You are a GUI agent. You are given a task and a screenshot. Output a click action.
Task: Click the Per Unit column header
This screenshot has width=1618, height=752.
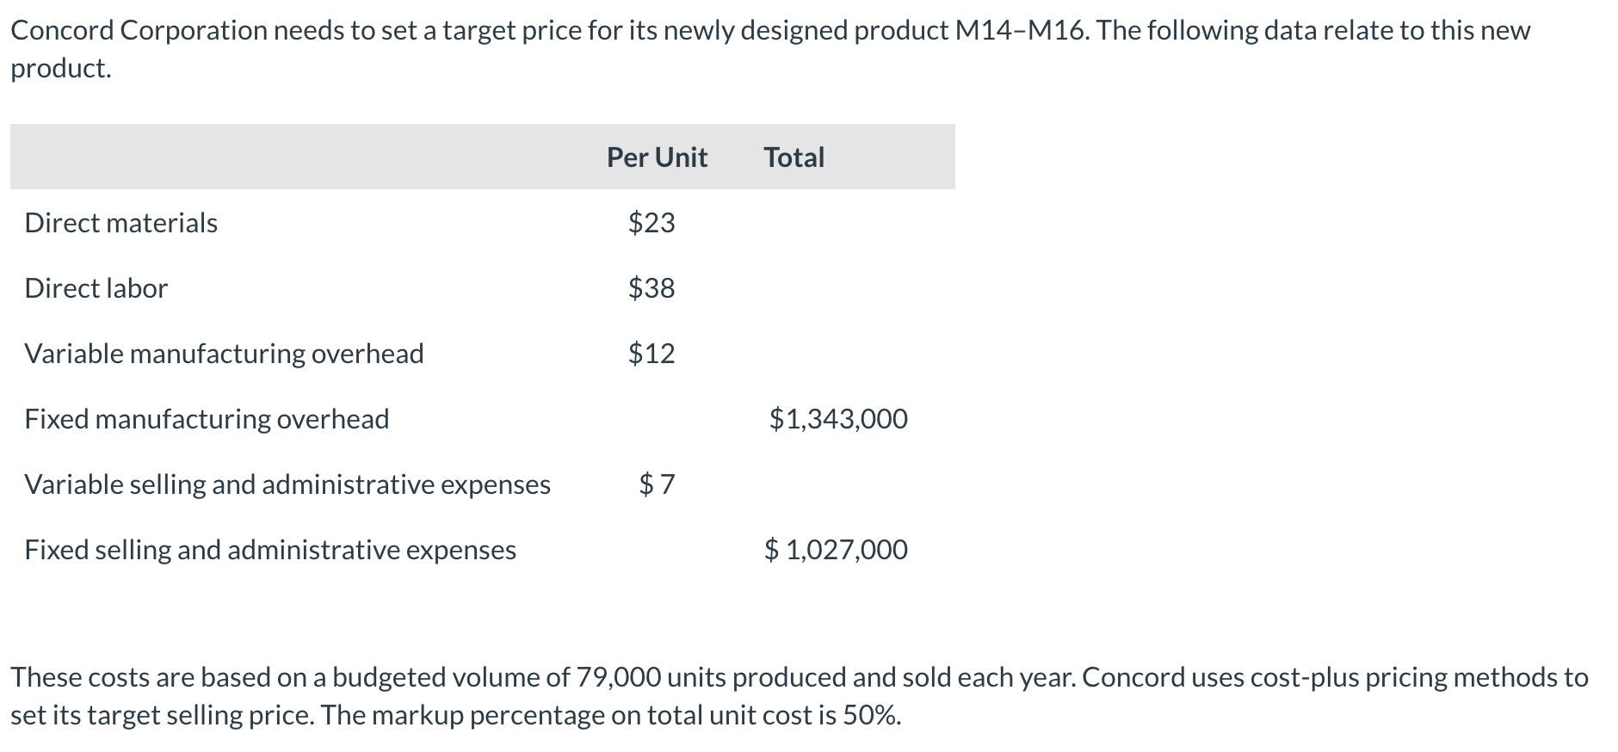(x=657, y=157)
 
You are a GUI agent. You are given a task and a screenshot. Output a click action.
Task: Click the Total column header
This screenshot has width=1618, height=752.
(x=794, y=157)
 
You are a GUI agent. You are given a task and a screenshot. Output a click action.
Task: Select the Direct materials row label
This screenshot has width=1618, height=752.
(x=120, y=223)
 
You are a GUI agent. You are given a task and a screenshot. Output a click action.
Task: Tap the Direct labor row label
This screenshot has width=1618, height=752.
(x=96, y=288)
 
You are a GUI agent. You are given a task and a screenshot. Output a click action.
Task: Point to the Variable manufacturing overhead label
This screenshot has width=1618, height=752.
(x=224, y=354)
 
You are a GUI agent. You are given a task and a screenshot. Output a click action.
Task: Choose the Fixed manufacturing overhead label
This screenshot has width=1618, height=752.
(x=207, y=419)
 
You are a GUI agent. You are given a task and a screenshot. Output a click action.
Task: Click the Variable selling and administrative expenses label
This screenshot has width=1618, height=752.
(x=287, y=484)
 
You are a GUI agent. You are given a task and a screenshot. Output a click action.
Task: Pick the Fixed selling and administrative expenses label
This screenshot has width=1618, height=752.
(x=270, y=550)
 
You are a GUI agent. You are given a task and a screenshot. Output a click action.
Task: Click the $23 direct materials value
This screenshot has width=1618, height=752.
(x=652, y=223)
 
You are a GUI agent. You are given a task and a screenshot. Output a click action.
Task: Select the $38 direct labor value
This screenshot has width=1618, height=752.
(x=652, y=288)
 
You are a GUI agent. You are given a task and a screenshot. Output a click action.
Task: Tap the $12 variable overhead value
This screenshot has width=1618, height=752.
(x=652, y=354)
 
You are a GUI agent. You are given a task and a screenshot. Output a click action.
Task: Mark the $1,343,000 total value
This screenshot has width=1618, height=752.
(x=838, y=419)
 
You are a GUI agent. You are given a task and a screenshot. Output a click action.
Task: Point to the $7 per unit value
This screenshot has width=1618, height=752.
(x=657, y=484)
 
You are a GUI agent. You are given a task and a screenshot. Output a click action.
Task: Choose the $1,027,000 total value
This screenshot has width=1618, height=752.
(x=836, y=550)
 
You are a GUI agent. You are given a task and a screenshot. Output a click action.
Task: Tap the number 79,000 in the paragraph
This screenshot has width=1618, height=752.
(x=619, y=678)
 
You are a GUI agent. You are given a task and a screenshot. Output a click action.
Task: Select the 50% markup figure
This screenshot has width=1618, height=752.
(x=871, y=716)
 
